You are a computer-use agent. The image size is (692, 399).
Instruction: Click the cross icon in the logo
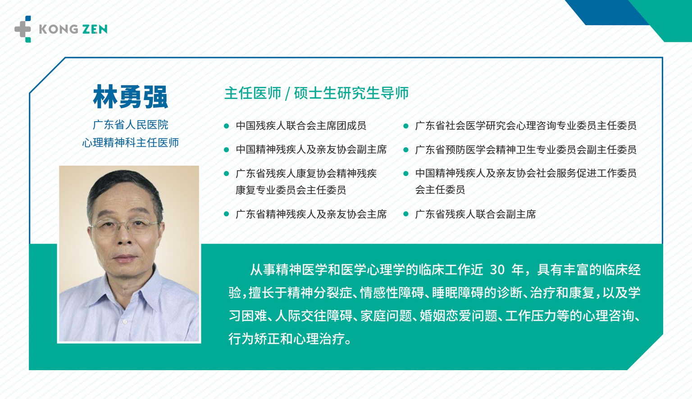23,29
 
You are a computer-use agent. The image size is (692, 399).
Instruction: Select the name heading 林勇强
130,97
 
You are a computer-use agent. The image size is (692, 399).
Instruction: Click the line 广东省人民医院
130,125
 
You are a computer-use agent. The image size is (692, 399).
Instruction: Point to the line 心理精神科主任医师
130,143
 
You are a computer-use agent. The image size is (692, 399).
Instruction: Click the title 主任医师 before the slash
253,93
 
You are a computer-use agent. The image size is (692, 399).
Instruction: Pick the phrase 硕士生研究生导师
351,93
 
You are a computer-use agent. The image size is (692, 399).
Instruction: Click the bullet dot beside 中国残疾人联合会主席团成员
227,126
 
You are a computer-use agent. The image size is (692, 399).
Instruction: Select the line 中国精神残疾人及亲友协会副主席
311,150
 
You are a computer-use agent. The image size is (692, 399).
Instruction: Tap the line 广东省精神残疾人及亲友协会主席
311,214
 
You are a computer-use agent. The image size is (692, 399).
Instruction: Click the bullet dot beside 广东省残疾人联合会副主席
406,214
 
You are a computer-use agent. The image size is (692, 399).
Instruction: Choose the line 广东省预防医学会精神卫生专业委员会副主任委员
526,150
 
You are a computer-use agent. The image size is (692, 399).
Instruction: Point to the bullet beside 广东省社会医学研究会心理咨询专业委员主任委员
406,126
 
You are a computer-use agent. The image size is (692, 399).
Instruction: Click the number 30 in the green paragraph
497,270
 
